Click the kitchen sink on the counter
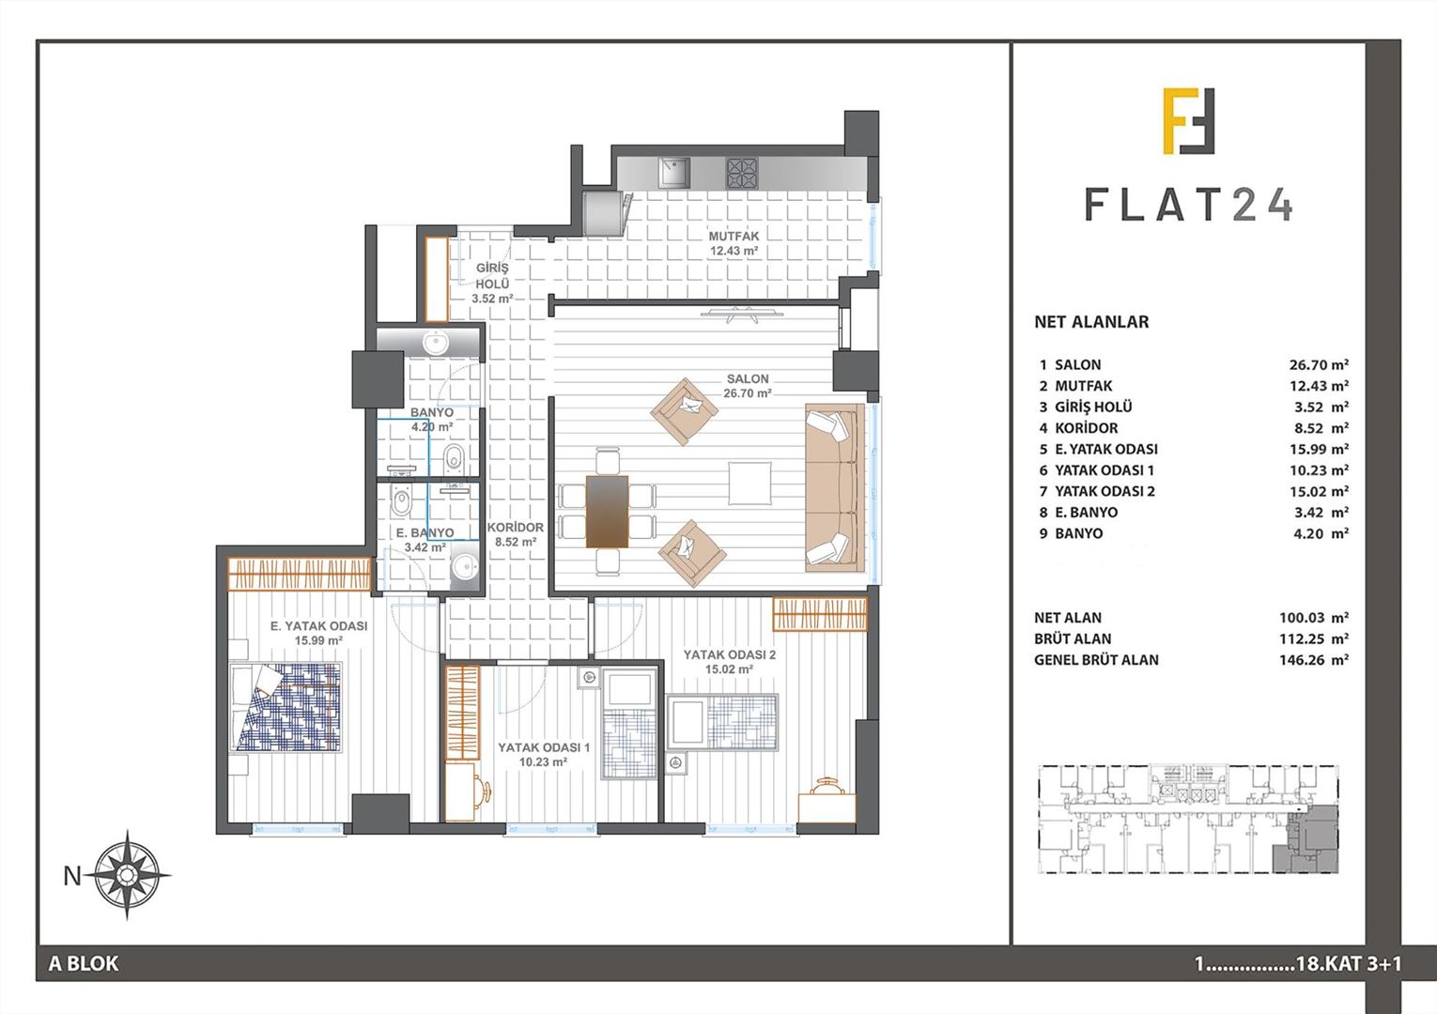(x=674, y=173)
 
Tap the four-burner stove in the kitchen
(x=742, y=173)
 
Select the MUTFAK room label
(x=734, y=237)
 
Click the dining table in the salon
(x=606, y=511)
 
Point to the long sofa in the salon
(x=835, y=487)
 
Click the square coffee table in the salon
(x=749, y=483)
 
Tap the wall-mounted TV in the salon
(x=741, y=314)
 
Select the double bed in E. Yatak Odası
(x=286, y=707)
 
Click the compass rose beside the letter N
(x=127, y=874)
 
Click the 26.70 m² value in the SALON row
(x=1319, y=365)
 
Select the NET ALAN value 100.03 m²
(x=1314, y=618)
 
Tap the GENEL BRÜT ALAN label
(x=1096, y=660)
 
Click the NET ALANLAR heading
(x=1091, y=322)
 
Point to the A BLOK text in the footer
(x=84, y=963)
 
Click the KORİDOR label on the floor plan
(x=515, y=528)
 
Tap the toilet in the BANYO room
(x=454, y=458)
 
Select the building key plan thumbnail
(x=1188, y=819)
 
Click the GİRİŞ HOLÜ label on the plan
(x=493, y=276)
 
